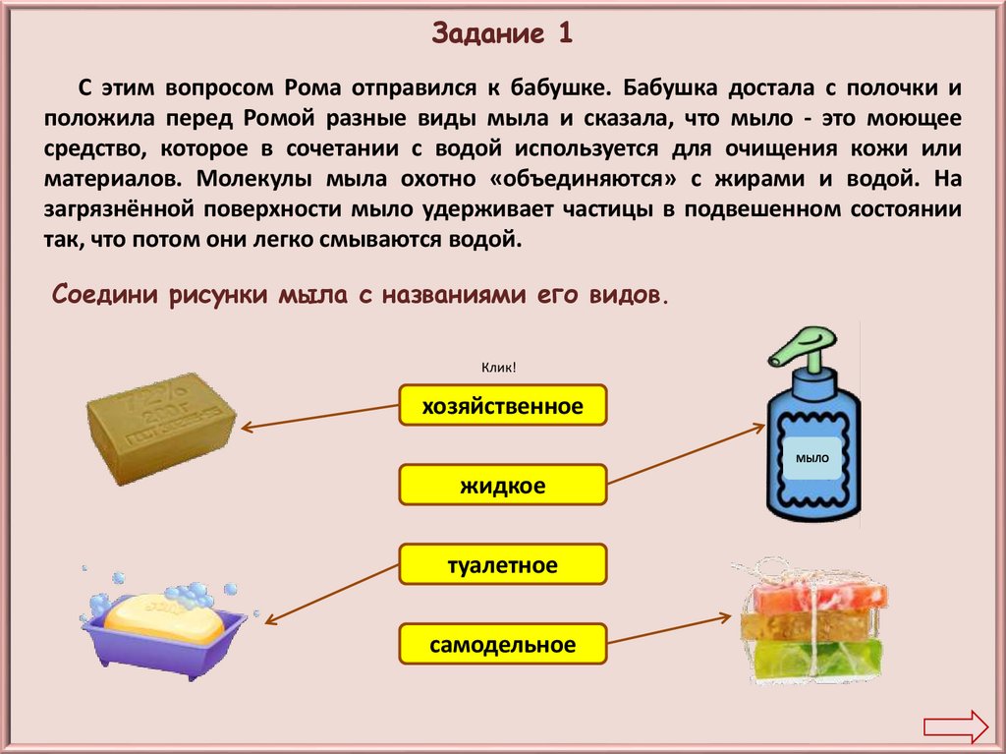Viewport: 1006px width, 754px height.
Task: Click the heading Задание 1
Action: point(502,34)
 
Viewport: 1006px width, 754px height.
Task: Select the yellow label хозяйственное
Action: point(503,405)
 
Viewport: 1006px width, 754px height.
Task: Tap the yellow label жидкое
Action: point(503,485)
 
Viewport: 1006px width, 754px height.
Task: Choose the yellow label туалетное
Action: point(503,564)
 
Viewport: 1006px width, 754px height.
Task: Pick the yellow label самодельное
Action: point(503,645)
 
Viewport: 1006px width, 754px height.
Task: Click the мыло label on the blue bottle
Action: point(812,458)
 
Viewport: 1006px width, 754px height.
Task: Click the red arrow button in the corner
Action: point(954,726)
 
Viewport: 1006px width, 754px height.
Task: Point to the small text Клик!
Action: point(499,368)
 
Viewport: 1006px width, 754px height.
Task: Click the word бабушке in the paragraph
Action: point(556,87)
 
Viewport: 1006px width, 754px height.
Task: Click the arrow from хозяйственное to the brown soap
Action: point(319,417)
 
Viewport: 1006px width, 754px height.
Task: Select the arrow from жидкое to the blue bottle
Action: point(686,454)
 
